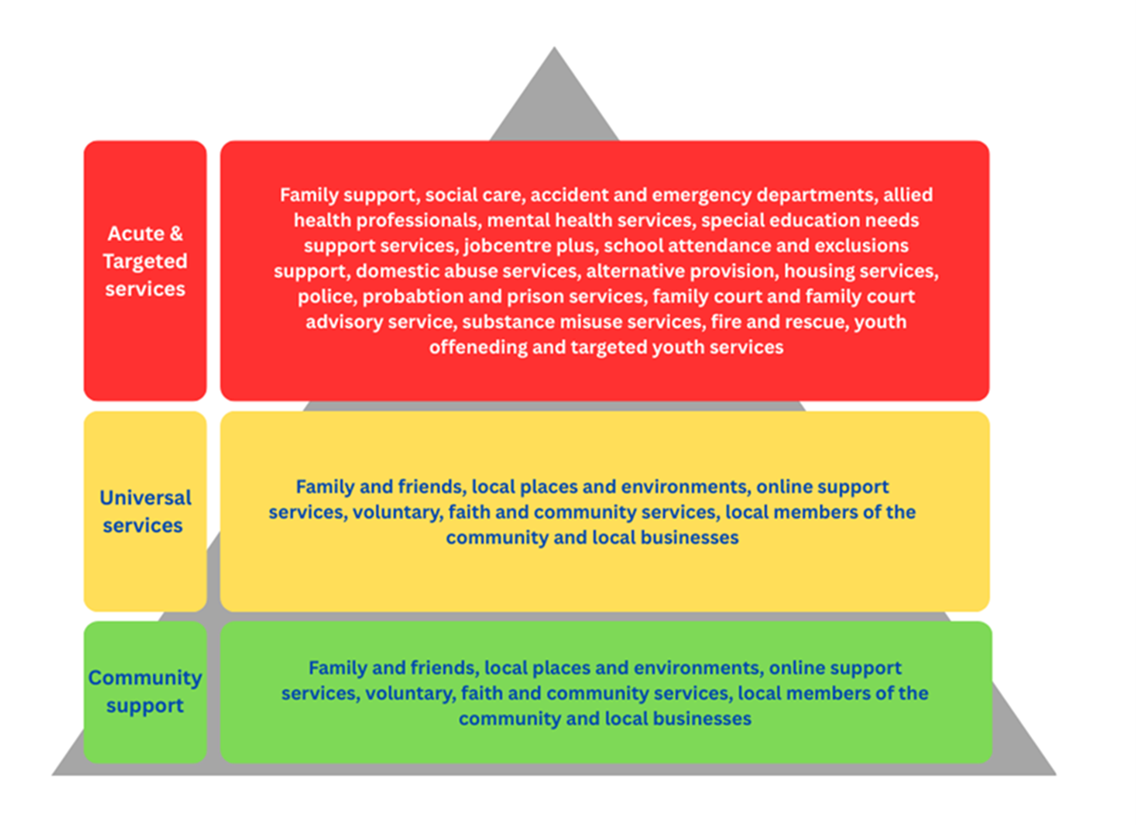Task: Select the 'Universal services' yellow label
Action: [x=144, y=511]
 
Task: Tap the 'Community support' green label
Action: [x=144, y=691]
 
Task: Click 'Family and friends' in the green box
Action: [x=391, y=668]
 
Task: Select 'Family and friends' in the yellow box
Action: [x=378, y=487]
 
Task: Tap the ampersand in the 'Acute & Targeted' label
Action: [x=175, y=234]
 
